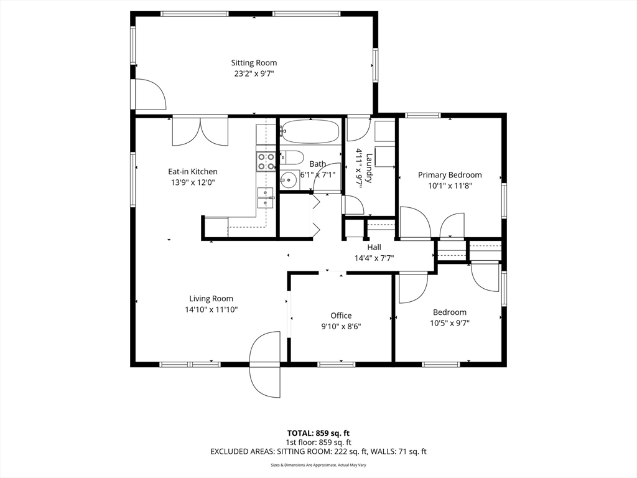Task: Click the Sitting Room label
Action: [254, 63]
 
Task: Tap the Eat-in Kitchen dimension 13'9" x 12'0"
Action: [193, 182]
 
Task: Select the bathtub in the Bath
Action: [310, 131]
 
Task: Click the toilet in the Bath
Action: [291, 157]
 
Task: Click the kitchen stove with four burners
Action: [266, 162]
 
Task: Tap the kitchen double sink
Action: [266, 197]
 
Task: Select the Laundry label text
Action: [370, 168]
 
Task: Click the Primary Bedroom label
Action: [450, 175]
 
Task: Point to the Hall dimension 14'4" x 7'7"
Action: [374, 258]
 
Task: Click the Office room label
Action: [341, 316]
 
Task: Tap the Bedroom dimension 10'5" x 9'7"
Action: [450, 323]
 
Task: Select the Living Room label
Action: [212, 299]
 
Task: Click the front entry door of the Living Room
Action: [266, 364]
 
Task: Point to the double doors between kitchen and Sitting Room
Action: [200, 131]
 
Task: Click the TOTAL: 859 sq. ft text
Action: [318, 433]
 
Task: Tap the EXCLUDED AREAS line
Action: [318, 452]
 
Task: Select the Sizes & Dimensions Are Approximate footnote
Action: [318, 465]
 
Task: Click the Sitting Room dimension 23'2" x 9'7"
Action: [254, 73]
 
